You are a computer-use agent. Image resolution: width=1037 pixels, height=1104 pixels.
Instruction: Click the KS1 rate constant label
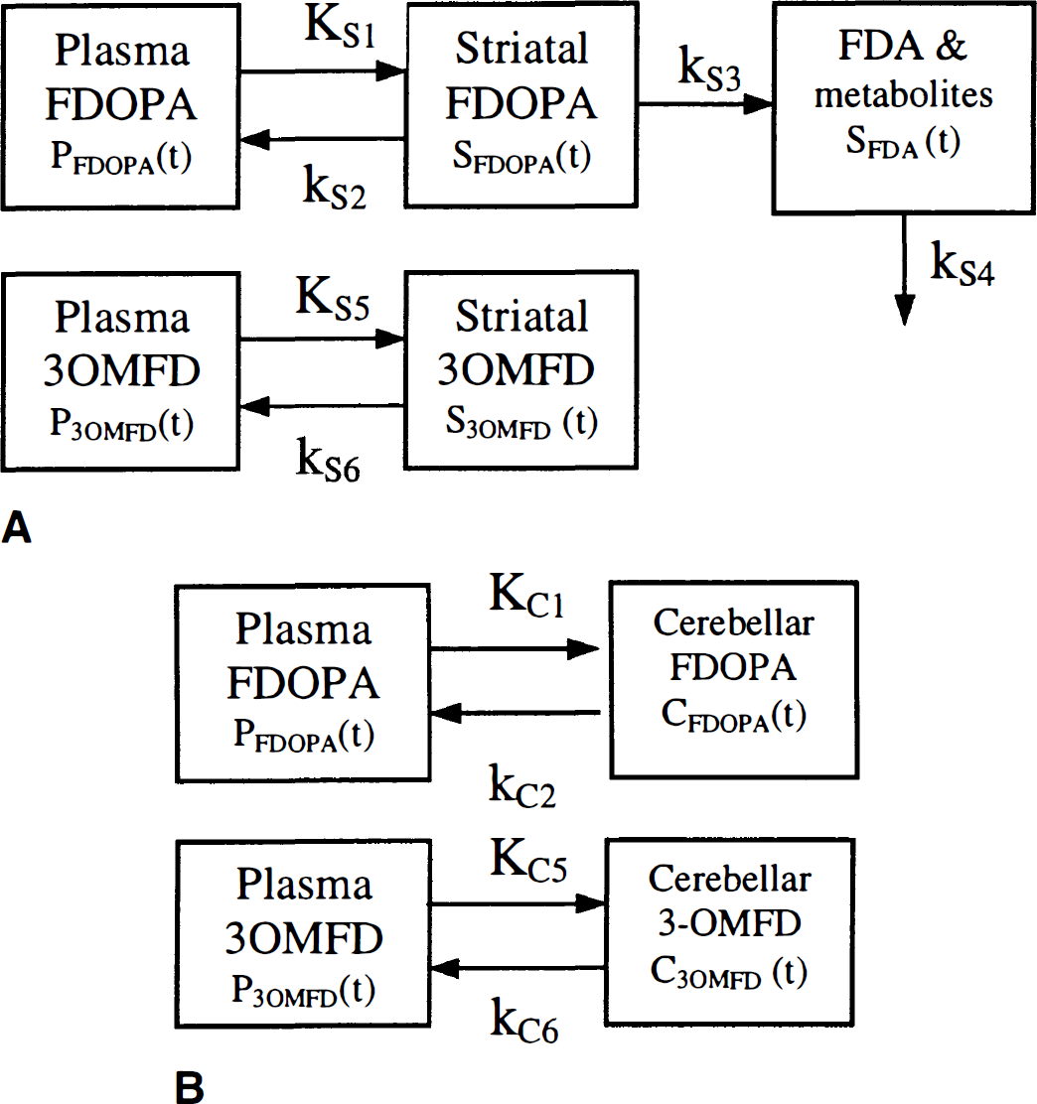pos(340,27)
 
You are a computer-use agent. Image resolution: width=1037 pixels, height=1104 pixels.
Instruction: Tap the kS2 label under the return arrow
pos(334,188)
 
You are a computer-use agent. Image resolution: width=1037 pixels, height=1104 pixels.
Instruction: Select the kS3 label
pos(709,69)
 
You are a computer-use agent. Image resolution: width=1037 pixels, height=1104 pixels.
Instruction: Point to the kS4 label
pos(963,263)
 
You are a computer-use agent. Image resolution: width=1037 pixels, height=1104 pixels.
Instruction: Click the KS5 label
pos(333,299)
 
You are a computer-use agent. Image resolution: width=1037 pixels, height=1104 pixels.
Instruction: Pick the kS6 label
pos(329,459)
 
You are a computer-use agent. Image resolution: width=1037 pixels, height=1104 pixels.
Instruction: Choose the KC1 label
pos(527,596)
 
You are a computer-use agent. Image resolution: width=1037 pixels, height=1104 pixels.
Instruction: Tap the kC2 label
pos(522,785)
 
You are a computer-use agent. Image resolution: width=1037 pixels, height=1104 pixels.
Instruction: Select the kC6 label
pos(524,1022)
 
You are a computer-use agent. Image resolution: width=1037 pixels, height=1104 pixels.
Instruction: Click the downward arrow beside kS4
pos(904,270)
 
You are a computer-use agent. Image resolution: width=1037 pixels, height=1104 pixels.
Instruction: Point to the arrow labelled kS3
pos(705,104)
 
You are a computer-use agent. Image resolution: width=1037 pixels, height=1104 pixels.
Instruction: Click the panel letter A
pos(17,527)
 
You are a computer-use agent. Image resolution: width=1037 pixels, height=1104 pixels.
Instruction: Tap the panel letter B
pos(189,1088)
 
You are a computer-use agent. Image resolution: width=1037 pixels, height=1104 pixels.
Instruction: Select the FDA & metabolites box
pos(904,108)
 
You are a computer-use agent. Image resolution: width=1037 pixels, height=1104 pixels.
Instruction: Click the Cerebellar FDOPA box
pos(733,679)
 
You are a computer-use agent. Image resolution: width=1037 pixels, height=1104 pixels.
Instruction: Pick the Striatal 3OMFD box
pos(521,369)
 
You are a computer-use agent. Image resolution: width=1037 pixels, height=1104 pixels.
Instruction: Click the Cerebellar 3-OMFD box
pos(730,931)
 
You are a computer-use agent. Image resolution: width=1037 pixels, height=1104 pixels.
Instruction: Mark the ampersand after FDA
pos(951,46)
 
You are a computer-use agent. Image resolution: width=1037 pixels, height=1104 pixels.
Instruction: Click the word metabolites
pos(904,95)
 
